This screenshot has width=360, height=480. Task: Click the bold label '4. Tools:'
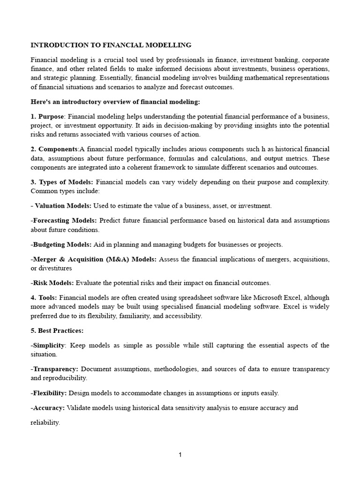[44, 297]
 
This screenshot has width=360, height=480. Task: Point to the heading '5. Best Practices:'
[57, 330]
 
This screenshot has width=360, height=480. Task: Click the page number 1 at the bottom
[180, 454]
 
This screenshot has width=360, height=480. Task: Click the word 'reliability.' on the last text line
[45, 422]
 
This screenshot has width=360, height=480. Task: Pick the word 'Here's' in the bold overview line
[41, 101]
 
